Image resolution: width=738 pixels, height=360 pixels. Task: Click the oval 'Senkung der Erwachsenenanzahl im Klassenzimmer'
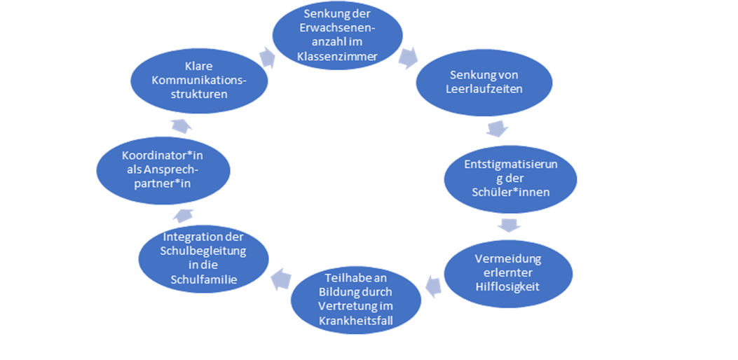tap(337, 34)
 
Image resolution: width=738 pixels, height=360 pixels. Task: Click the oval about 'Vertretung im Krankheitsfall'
tap(356, 299)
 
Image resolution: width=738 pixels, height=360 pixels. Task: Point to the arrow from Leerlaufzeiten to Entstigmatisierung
tap(497, 129)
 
